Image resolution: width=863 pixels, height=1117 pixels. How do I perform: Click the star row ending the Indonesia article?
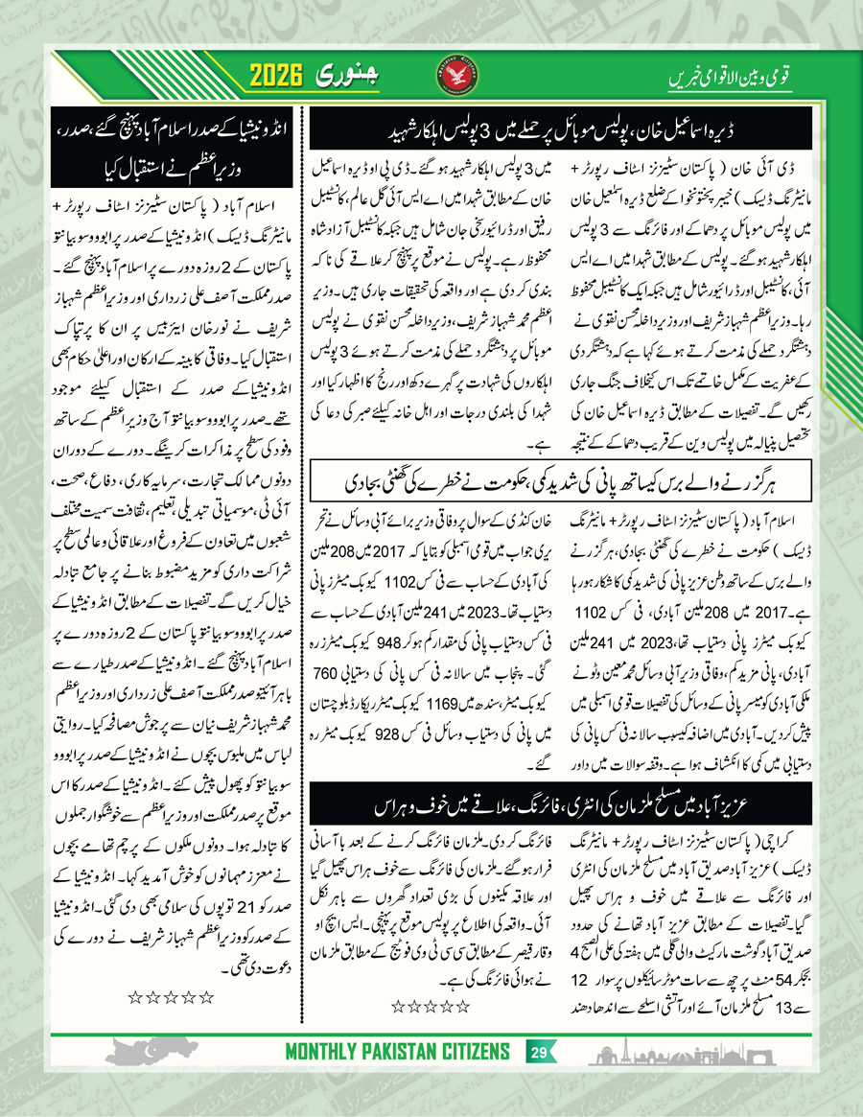pos(170,997)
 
